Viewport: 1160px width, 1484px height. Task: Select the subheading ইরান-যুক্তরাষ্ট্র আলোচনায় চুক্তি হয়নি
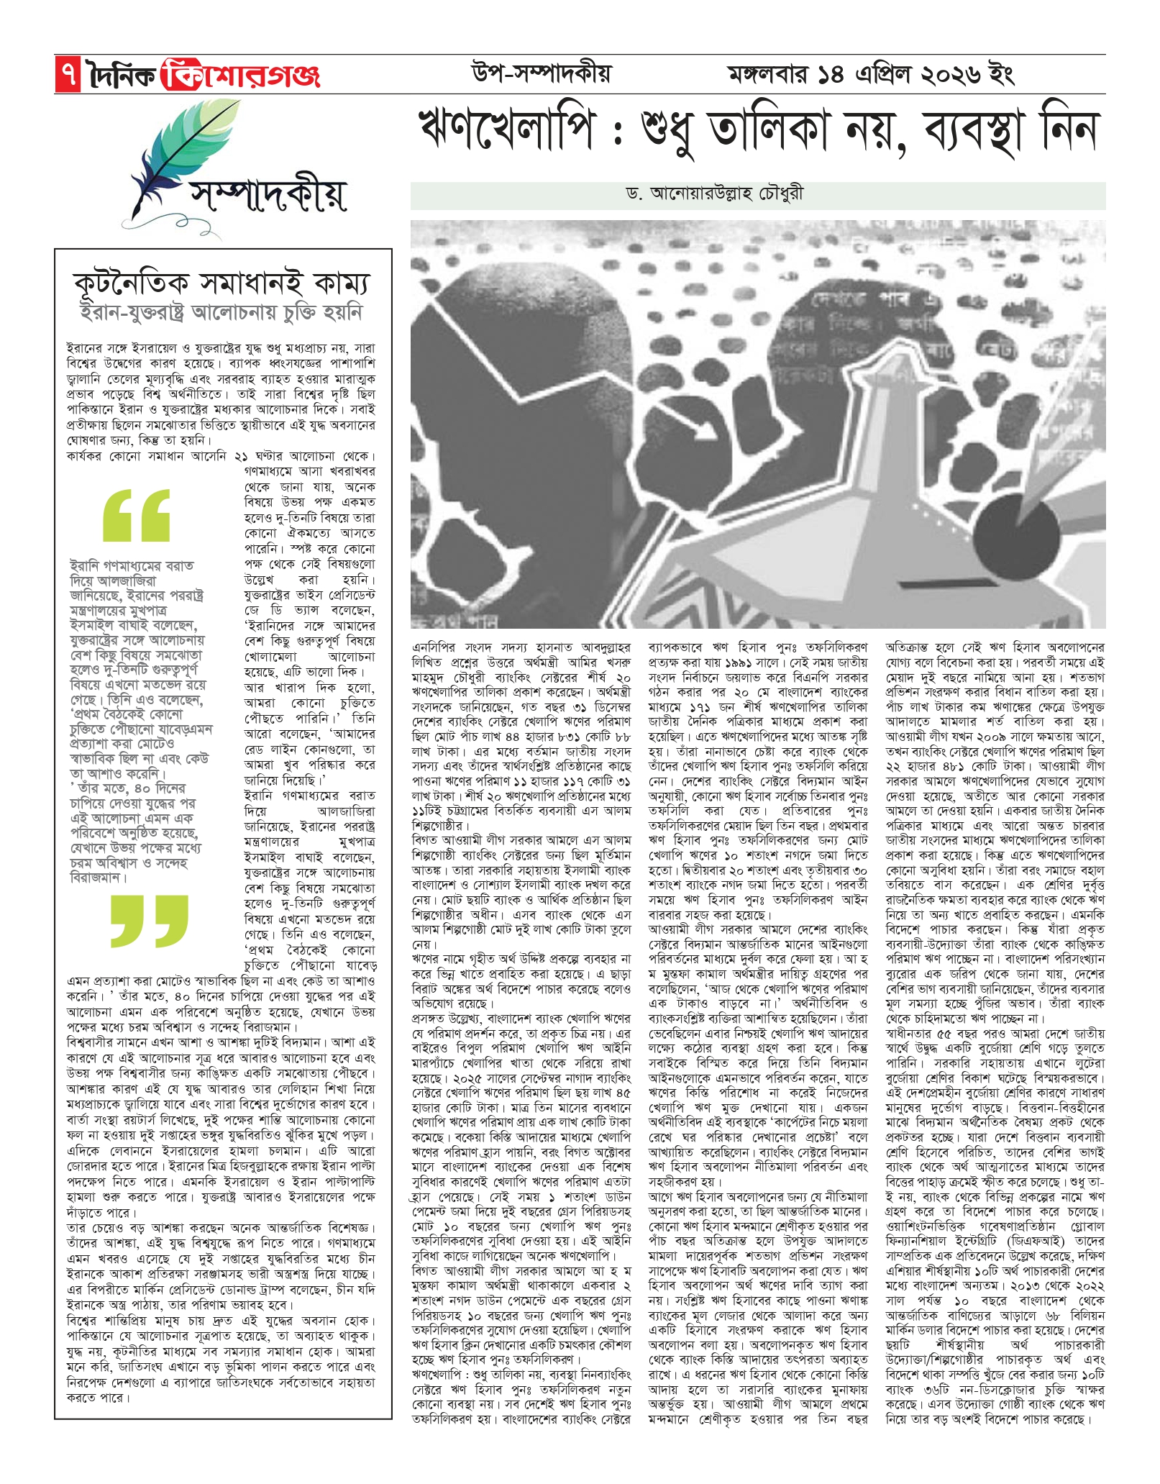coord(222,313)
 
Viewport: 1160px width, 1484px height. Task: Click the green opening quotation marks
coord(137,514)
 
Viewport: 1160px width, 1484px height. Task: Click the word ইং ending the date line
coord(1001,74)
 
